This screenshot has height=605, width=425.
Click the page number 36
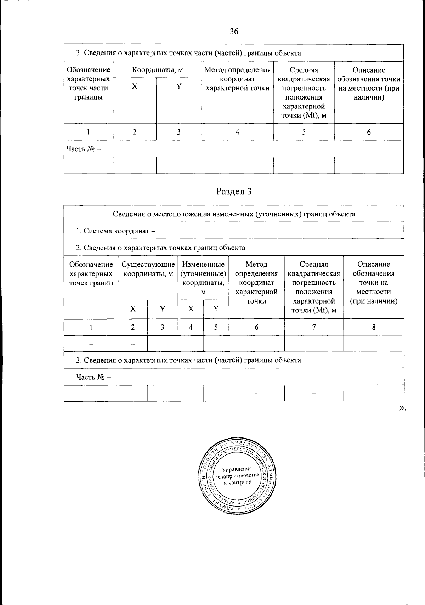tap(234, 32)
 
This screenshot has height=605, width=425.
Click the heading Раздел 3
tap(234, 192)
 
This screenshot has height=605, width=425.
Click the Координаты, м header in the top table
tap(157, 70)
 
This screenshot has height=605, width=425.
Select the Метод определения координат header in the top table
tap(237, 79)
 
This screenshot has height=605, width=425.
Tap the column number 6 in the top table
tap(369, 132)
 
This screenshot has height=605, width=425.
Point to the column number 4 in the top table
tap(237, 132)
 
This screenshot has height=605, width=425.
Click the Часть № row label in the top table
tap(84, 149)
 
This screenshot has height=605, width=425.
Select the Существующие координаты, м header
tap(148, 269)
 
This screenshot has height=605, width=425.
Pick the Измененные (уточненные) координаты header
tap(203, 278)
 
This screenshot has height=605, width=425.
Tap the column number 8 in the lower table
tap(374, 327)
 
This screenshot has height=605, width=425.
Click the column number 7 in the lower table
tap(314, 327)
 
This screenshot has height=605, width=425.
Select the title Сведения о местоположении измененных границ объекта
tap(234, 214)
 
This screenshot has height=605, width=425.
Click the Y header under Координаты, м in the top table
tap(179, 86)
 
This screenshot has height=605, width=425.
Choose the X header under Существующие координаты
tap(133, 309)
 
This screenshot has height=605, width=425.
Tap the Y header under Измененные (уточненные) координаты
tap(216, 309)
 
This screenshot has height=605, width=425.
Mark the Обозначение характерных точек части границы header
tap(88, 83)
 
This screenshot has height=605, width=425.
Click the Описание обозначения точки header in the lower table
tap(374, 283)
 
